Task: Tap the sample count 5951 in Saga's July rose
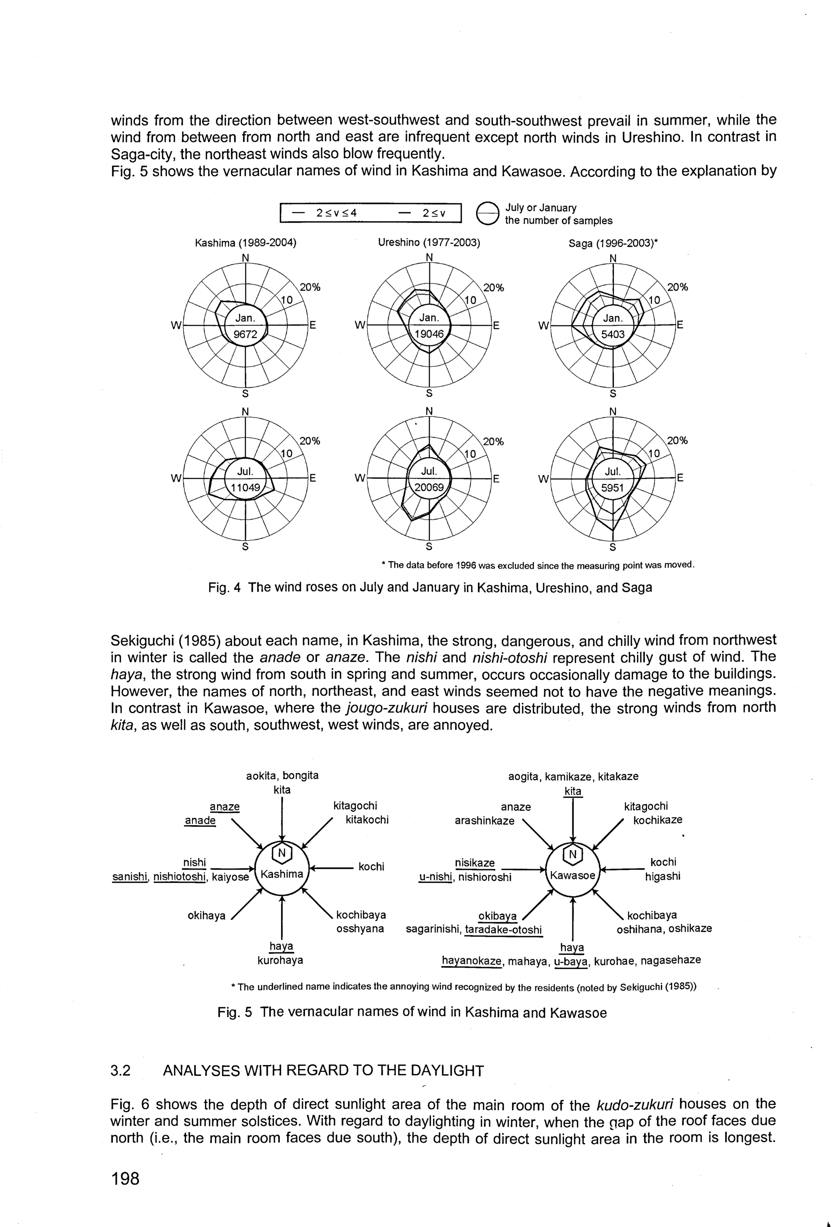[612, 488]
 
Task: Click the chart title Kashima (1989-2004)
[245, 243]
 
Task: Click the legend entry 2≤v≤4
[336, 213]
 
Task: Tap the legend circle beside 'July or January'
[487, 214]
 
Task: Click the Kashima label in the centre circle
[282, 874]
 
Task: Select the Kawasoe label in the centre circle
[573, 875]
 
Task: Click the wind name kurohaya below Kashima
[280, 960]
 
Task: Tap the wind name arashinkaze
[484, 820]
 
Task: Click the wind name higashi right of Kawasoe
[663, 876]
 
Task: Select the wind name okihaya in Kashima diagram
[206, 915]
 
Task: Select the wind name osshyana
[360, 929]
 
